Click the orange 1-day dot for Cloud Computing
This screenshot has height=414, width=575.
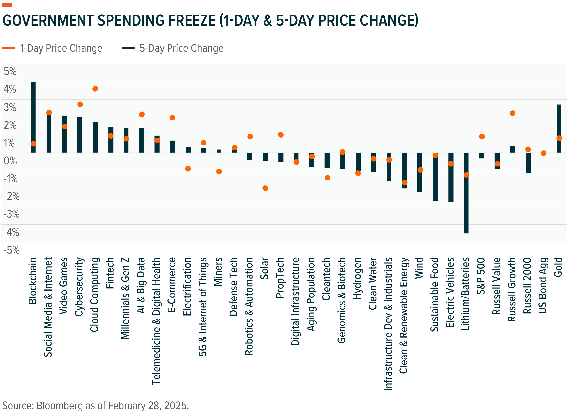[95, 89]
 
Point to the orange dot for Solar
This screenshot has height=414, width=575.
[265, 188]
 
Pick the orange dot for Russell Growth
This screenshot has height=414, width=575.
[512, 113]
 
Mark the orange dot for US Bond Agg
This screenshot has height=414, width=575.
[543, 153]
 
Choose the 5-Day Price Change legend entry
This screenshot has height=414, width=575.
[172, 48]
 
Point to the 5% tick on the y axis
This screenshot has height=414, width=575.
[10, 72]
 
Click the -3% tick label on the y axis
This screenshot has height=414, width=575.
[11, 214]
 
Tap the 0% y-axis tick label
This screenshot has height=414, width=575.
[10, 161]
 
